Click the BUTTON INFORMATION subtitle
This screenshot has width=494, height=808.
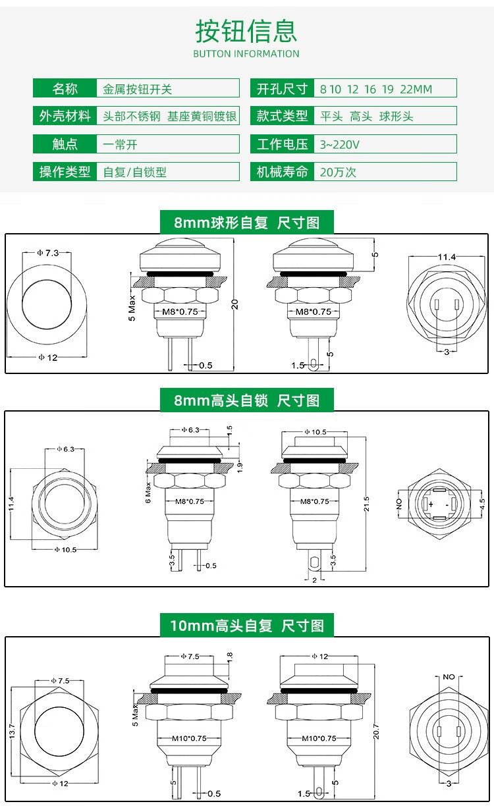(246, 54)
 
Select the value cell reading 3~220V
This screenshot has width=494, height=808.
(385, 144)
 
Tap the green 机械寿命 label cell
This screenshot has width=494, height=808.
(282, 172)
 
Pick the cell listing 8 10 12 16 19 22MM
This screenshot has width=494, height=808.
(385, 88)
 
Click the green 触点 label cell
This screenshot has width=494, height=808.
(65, 144)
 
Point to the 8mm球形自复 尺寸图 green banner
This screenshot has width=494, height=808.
(247, 222)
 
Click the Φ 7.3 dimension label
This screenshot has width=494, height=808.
(48, 253)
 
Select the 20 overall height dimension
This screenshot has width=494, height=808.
(235, 304)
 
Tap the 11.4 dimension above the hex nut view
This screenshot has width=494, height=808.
(447, 257)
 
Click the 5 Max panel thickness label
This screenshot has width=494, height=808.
(132, 308)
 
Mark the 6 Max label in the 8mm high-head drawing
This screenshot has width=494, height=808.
(148, 493)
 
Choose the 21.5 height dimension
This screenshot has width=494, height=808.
(367, 504)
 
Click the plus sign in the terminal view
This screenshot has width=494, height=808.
(431, 504)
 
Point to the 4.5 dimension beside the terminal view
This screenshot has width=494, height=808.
(482, 504)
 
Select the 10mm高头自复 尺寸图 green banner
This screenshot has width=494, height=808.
(247, 626)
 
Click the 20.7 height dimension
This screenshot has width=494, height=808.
(376, 732)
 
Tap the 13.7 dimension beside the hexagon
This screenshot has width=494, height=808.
(13, 731)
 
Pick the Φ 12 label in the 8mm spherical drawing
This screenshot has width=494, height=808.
(48, 358)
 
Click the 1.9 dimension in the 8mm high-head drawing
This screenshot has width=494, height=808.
(240, 467)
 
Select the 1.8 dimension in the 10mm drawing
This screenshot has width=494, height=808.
(230, 657)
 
